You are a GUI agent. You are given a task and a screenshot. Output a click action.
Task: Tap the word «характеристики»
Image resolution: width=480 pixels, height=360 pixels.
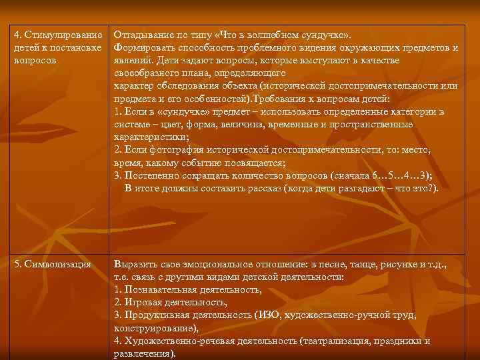(151, 137)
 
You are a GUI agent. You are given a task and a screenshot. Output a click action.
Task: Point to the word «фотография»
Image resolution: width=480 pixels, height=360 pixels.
(173, 149)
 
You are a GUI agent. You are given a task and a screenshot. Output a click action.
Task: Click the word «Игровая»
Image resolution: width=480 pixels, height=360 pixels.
(142, 303)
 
